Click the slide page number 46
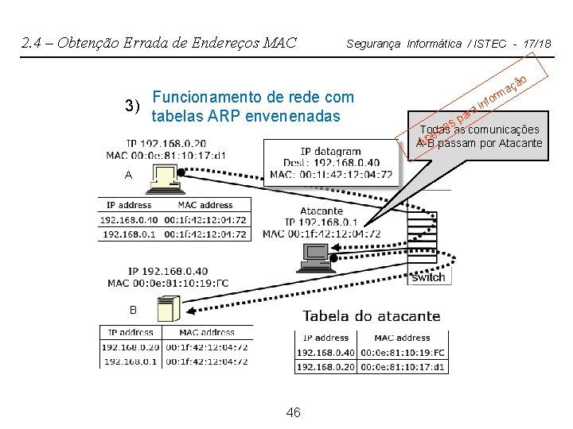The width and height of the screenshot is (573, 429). (x=293, y=412)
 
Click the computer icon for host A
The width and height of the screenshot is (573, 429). (x=165, y=181)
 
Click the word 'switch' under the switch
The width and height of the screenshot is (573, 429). (x=428, y=277)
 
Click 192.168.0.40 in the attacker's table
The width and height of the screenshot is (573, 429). (x=325, y=352)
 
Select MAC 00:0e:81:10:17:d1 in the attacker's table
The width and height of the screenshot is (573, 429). (x=403, y=366)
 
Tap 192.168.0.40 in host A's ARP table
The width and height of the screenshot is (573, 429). (x=130, y=219)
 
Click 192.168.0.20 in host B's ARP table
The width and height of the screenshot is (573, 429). (x=130, y=346)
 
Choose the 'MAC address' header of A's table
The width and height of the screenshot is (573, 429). (x=205, y=205)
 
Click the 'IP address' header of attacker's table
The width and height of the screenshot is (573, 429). (x=325, y=338)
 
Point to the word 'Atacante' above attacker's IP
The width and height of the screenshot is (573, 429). (x=322, y=211)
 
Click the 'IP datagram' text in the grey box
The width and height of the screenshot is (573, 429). (x=330, y=151)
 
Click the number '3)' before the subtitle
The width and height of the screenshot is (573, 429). (x=133, y=106)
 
